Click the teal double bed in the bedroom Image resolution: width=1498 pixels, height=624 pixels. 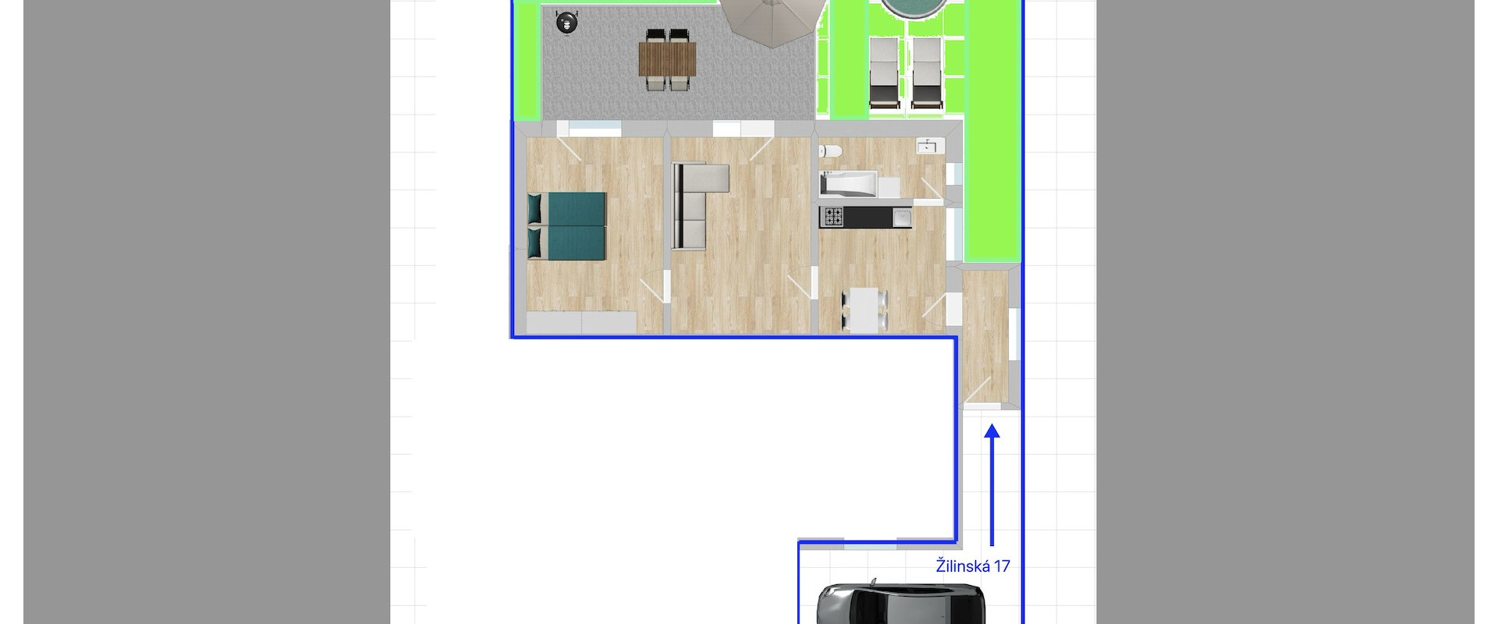point(567,225)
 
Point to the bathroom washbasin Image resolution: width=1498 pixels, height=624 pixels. point(928,147)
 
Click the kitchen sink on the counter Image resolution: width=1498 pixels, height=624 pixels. point(901,218)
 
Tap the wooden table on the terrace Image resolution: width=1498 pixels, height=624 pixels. point(668,59)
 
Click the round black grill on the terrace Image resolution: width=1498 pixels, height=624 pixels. point(567,22)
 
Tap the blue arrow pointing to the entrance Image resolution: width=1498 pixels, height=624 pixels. point(992,485)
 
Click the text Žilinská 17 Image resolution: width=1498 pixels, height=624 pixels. point(973,565)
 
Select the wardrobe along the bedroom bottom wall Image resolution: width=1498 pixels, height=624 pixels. point(582,321)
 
